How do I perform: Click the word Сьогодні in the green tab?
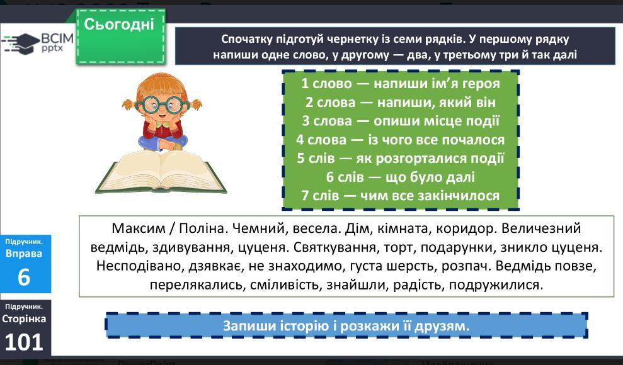(119, 25)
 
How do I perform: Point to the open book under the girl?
(161, 172)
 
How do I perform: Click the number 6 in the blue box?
(24, 277)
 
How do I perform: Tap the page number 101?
(24, 342)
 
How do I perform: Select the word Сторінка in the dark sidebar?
(24, 319)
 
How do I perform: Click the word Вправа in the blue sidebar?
(24, 254)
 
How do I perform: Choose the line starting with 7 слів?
(401, 196)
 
